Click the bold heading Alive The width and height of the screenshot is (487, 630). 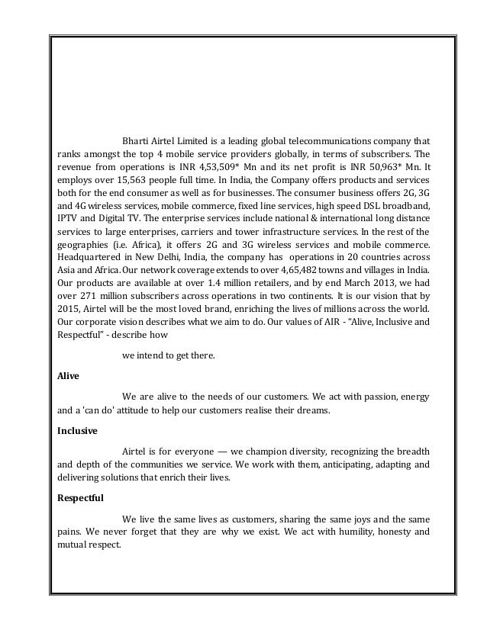point(69,376)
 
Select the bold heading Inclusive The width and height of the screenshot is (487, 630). point(78,430)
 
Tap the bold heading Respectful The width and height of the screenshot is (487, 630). point(81,497)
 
